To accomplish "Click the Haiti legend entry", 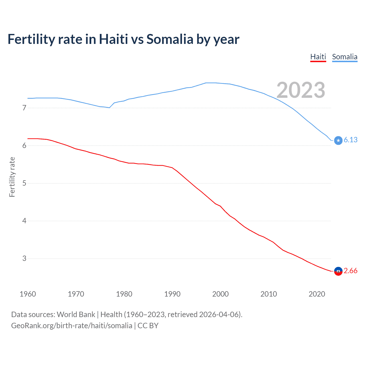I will click(x=318, y=57).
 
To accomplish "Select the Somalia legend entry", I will click(x=344, y=57).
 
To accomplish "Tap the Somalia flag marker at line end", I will click(x=338, y=140).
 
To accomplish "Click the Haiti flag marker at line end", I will click(x=338, y=271).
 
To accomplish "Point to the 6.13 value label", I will click(x=350, y=140).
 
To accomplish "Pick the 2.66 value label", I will click(x=350, y=271).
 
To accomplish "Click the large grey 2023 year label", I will click(x=301, y=90).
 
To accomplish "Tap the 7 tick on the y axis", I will click(x=24, y=108).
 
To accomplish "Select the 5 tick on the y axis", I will click(x=24, y=183).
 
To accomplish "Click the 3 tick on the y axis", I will click(x=24, y=258).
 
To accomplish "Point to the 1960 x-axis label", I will click(x=28, y=294).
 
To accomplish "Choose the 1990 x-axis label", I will click(x=172, y=294).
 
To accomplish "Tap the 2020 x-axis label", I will click(x=317, y=294).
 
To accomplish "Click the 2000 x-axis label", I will click(x=220, y=294).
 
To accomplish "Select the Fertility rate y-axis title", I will click(x=12, y=177).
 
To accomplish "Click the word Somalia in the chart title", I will click(x=170, y=39).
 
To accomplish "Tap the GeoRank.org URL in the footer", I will click(x=72, y=326).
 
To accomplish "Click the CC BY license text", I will click(x=148, y=326).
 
